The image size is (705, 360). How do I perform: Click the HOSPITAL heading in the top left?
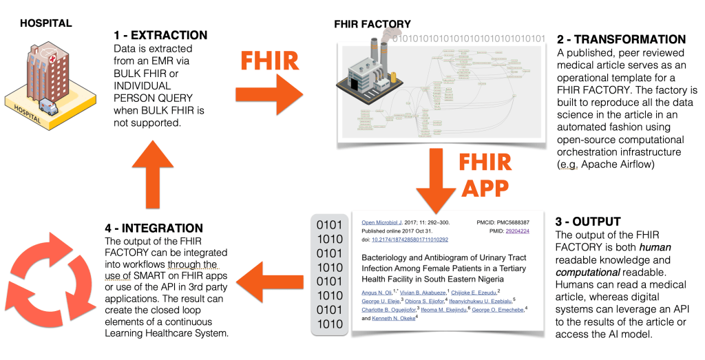pos(45,23)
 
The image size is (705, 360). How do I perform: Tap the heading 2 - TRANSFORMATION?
pos(620,39)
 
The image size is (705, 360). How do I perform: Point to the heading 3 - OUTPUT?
pos(588,222)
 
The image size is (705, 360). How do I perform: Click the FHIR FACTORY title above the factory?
pos(372,24)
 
